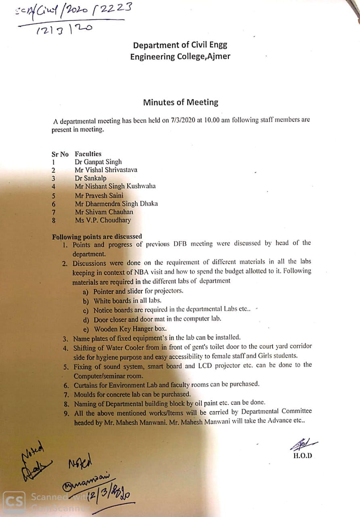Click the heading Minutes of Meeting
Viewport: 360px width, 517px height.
pyautogui.click(x=180, y=103)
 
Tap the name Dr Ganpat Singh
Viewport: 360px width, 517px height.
pyautogui.click(x=98, y=162)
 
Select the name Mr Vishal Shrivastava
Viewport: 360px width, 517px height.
pyautogui.click(x=106, y=170)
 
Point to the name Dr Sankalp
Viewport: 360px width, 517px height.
pyautogui.click(x=90, y=178)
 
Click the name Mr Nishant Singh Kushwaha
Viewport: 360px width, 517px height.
pyautogui.click(x=115, y=186)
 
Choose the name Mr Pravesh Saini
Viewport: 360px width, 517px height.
pyautogui.click(x=99, y=195)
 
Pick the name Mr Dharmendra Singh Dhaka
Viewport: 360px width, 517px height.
pyautogui.click(x=116, y=204)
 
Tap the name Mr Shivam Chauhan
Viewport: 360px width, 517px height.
pyautogui.click(x=104, y=212)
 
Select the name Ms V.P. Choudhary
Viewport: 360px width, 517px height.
pyautogui.click(x=103, y=220)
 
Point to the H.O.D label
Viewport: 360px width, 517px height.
pyautogui.click(x=303, y=456)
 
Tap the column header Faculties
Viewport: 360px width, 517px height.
pyautogui.click(x=88, y=153)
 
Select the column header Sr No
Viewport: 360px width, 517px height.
pyautogui.click(x=60, y=154)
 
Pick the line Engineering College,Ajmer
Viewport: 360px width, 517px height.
pyautogui.click(x=180, y=57)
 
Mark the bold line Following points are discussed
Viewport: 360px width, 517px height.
pyautogui.click(x=97, y=237)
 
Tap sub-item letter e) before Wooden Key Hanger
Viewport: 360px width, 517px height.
pyautogui.click(x=86, y=329)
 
